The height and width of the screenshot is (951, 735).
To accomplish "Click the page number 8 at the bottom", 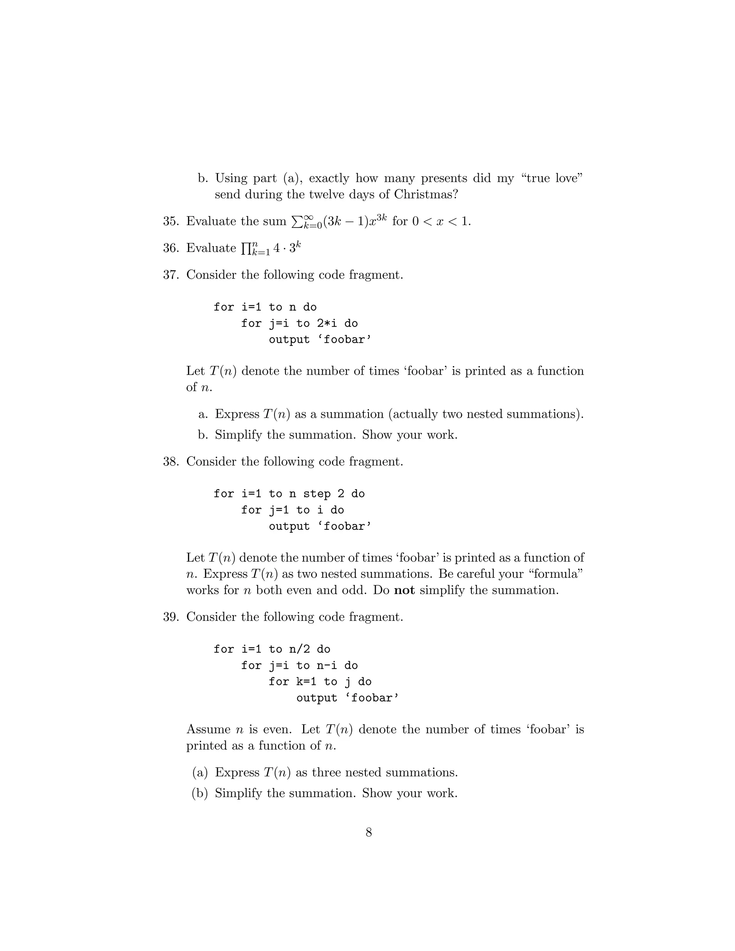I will coord(368,832).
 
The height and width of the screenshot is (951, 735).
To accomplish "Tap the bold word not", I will coord(404,590).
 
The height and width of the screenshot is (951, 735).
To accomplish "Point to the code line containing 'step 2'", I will coord(289,493).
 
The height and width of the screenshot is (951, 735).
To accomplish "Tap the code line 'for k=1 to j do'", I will coord(320,681).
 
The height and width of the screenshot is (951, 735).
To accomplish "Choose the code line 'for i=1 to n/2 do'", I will coord(272,649).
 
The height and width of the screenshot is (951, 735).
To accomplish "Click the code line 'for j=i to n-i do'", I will coord(299,665).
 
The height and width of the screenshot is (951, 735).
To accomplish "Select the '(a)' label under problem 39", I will coord(200,773).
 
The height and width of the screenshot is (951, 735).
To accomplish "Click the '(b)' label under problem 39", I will coord(200,793).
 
